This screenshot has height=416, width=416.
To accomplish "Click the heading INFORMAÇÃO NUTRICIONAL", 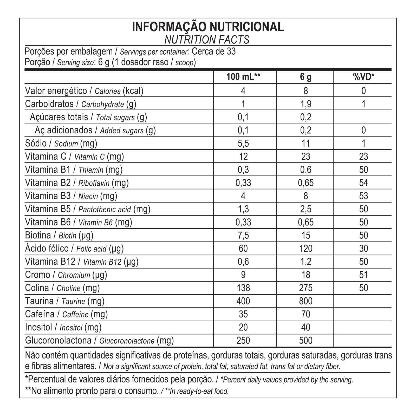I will pyautogui.click(x=208, y=27).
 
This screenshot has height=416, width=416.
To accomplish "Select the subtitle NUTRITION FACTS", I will pyautogui.click(x=207, y=40).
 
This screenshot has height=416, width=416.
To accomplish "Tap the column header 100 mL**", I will pyautogui.click(x=243, y=77).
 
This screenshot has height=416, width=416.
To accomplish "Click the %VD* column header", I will pyautogui.click(x=363, y=77).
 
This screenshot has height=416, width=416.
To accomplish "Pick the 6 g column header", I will pyautogui.click(x=305, y=77).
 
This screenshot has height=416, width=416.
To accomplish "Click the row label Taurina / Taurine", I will pyautogui.click(x=64, y=301).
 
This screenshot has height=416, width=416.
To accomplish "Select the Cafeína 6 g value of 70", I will pyautogui.click(x=305, y=314).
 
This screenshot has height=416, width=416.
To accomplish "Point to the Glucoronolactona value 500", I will pyautogui.click(x=305, y=340).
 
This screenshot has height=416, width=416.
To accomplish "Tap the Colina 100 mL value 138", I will pyautogui.click(x=243, y=288).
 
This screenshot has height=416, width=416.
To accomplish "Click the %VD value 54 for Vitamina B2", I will pyautogui.click(x=363, y=183).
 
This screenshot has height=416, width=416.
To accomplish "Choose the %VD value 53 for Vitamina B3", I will pyautogui.click(x=363, y=196).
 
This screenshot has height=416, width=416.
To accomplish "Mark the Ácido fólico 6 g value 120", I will pyautogui.click(x=305, y=249).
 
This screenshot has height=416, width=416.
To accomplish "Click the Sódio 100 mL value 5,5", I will pyautogui.click(x=243, y=143).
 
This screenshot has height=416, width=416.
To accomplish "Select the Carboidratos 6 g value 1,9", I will pyautogui.click(x=305, y=104).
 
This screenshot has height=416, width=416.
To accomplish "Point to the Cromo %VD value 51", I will pyautogui.click(x=363, y=275).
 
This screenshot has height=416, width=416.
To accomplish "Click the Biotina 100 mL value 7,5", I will pyautogui.click(x=243, y=235).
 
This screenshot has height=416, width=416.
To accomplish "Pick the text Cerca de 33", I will pyautogui.click(x=213, y=51).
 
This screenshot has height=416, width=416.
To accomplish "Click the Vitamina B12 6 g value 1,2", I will pyautogui.click(x=305, y=262).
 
